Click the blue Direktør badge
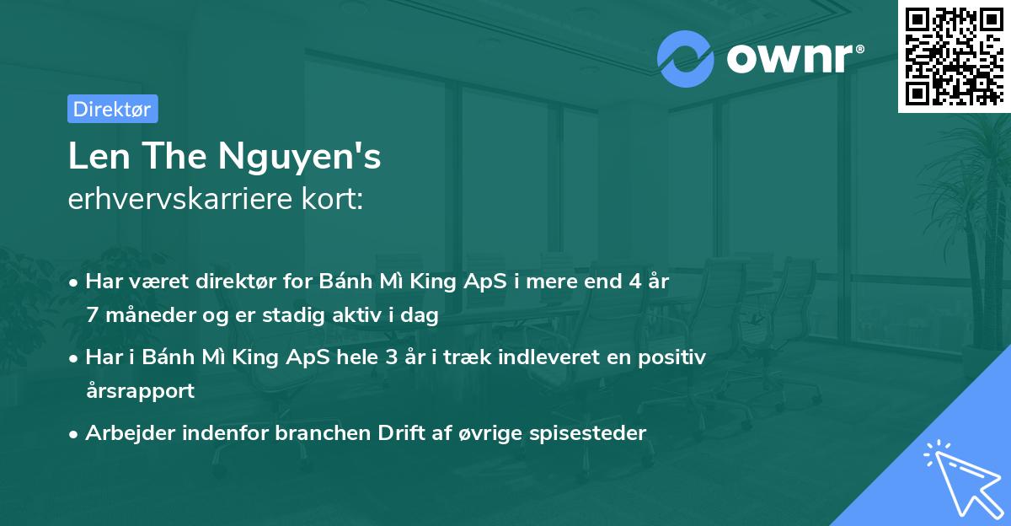112,109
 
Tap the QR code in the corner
953,56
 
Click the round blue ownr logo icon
686,58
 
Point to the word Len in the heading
92,157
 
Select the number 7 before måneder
91,316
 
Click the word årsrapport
140,390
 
